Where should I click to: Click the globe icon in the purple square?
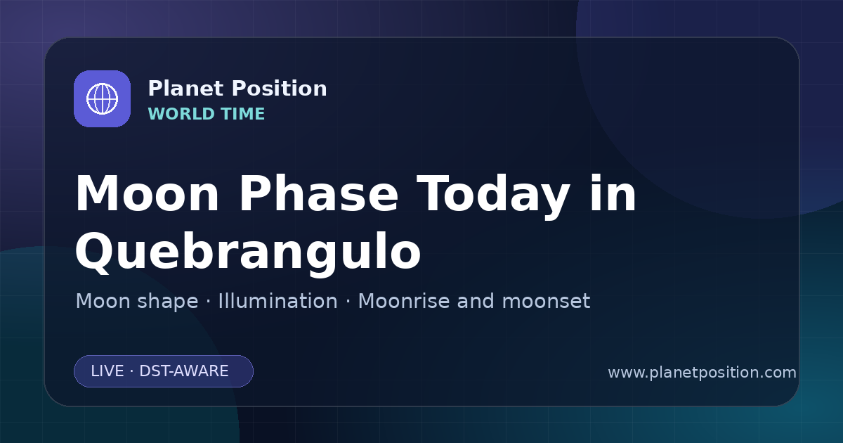(102, 98)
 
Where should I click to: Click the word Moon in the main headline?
(147, 193)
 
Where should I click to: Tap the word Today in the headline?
(492, 196)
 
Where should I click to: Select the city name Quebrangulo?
(248, 252)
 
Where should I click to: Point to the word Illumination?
(277, 301)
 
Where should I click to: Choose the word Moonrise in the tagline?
(407, 301)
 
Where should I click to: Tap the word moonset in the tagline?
(546, 301)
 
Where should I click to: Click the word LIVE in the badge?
(107, 371)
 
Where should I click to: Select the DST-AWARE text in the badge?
(183, 371)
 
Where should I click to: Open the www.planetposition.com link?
(702, 373)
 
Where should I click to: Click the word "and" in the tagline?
(476, 301)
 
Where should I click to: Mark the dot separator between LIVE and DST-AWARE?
(131, 371)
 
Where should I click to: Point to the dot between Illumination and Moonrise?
(348, 301)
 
